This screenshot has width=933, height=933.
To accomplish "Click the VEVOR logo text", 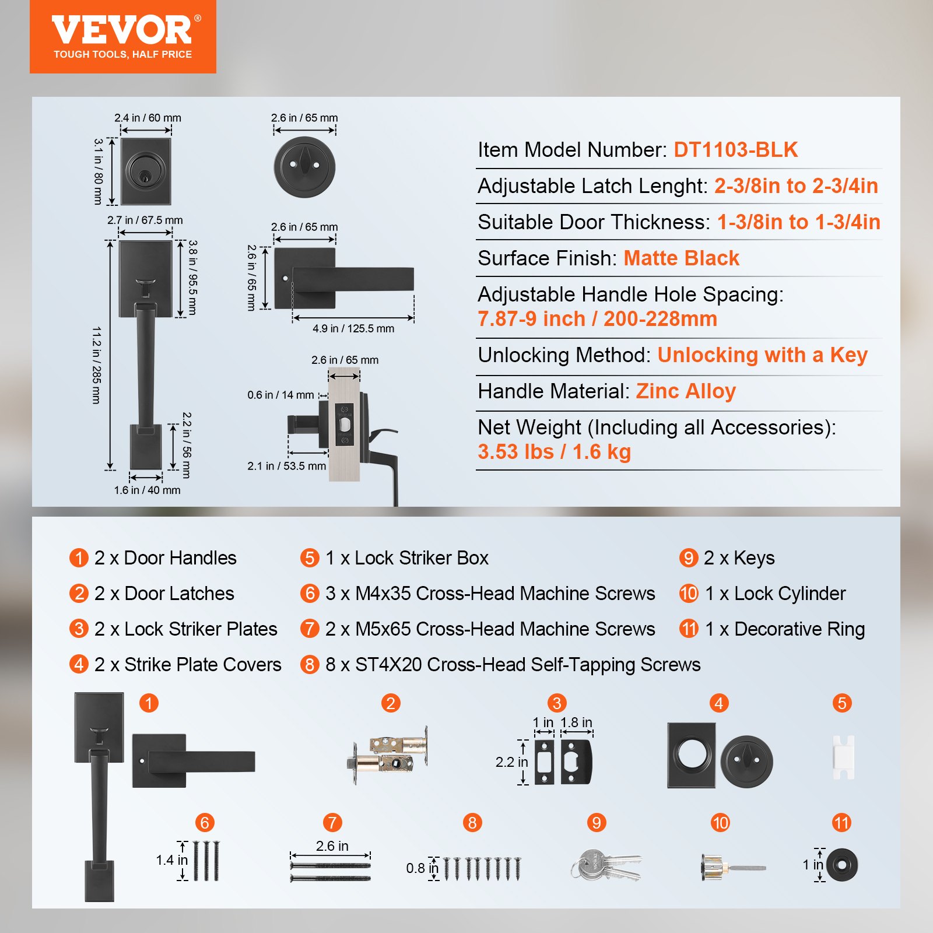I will (122, 30).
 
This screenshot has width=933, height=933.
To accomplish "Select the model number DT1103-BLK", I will (735, 150).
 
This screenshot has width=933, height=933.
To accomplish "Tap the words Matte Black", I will (681, 258).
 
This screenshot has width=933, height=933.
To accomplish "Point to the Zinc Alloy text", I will (685, 391).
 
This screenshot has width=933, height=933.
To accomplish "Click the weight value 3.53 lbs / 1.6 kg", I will (554, 452).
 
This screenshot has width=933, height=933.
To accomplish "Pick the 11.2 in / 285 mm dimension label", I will (97, 365).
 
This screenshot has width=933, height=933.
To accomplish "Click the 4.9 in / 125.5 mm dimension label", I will (353, 329).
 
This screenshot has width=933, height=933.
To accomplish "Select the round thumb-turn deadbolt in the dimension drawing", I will (304, 167).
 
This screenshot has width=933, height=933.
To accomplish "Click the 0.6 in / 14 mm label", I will (280, 395).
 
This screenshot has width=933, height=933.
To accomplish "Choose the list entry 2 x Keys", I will (739, 558).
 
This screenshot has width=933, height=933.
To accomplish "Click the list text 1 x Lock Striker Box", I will (407, 558).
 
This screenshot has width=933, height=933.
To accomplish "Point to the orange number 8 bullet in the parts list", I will (310, 665).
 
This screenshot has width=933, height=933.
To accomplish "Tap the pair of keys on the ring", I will (606, 865).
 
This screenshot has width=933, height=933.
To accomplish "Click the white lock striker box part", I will (843, 757).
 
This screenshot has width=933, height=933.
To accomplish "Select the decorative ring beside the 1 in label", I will (842, 865).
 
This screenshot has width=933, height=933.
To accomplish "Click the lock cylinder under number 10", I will (731, 868).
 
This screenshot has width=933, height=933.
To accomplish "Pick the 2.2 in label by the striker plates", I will (511, 762).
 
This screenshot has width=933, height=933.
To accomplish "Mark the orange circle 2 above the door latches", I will (391, 703).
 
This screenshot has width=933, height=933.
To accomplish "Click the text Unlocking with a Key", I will (762, 355).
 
